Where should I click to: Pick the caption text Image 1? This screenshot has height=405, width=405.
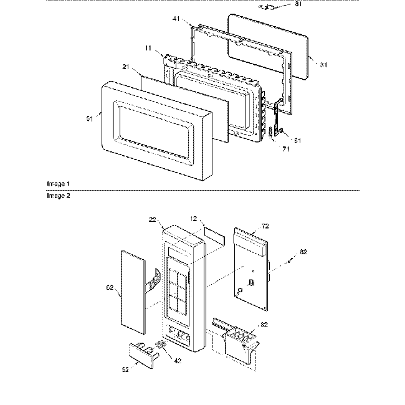tap(59, 184)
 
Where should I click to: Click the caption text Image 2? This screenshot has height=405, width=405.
tap(59, 195)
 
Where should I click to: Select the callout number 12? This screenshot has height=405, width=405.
tap(193, 219)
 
